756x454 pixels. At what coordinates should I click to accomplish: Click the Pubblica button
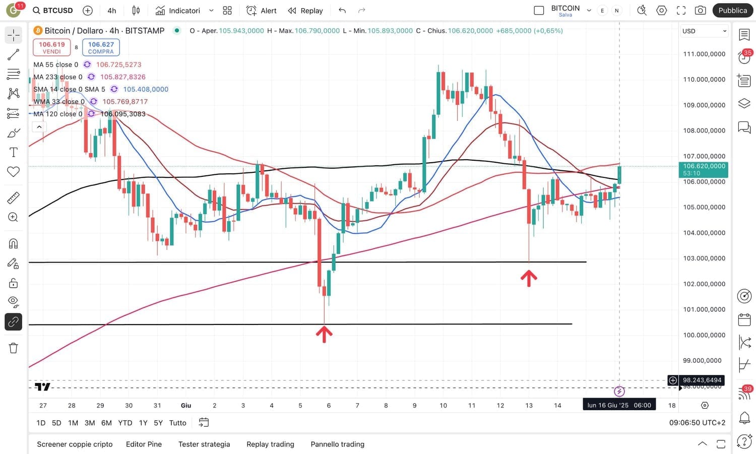732,11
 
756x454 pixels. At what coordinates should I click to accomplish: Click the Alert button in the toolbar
262,11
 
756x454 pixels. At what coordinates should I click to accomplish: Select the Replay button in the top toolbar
305,11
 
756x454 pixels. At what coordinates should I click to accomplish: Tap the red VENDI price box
51,47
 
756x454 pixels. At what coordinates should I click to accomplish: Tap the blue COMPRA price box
101,47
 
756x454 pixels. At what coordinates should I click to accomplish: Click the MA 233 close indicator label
57,77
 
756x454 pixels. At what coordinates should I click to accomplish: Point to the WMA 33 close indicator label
58,102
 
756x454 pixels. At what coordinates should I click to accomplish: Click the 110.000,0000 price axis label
704,80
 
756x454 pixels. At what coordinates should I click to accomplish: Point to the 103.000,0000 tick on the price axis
704,258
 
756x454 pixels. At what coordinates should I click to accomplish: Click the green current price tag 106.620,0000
704,169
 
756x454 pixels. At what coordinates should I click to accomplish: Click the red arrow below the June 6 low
324,334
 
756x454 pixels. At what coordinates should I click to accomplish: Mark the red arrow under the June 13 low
529,278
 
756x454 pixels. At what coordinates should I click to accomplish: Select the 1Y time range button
143,423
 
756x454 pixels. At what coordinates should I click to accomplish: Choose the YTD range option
125,423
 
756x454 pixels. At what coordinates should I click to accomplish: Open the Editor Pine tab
144,444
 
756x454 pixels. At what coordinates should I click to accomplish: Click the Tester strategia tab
204,444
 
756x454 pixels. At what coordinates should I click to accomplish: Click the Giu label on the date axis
186,405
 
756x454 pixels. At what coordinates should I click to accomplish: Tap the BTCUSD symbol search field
53,11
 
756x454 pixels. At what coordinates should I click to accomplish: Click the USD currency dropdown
704,31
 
